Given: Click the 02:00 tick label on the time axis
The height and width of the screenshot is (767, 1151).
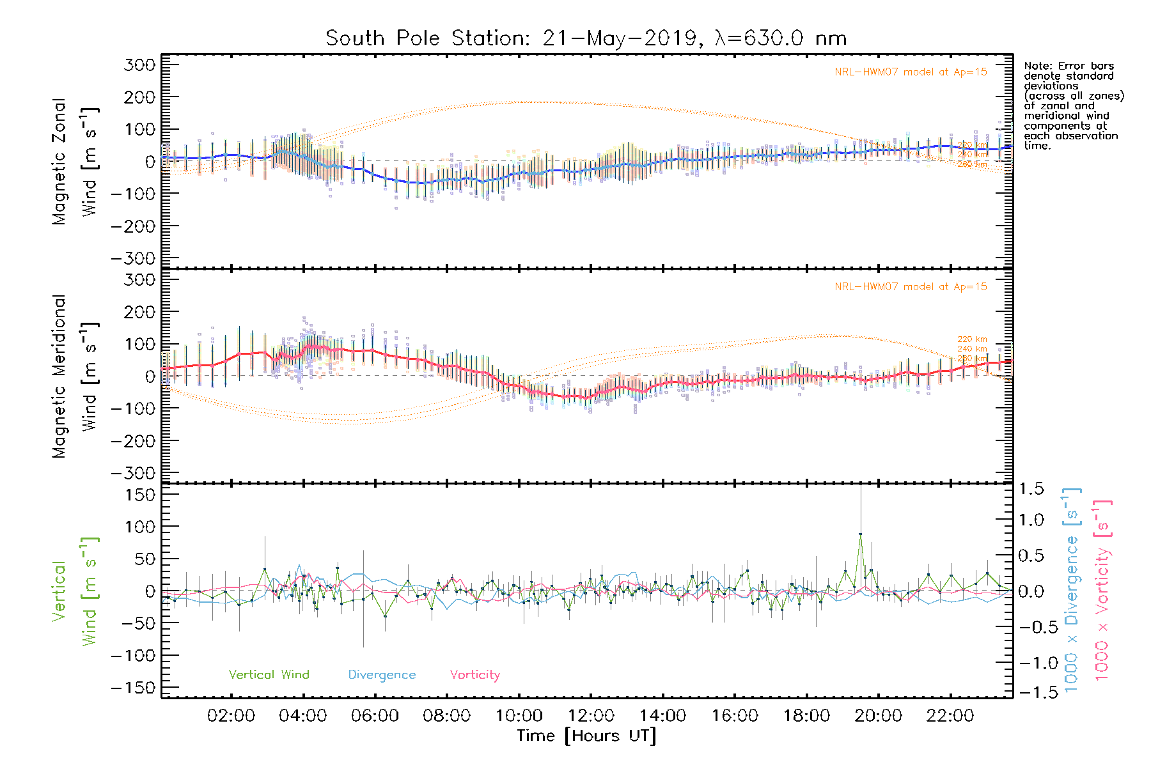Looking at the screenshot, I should pos(231,716).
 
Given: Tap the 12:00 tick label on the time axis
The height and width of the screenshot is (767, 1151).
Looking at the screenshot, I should pos(591,716).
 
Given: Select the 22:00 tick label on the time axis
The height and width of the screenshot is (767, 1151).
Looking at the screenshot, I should pos(950,716).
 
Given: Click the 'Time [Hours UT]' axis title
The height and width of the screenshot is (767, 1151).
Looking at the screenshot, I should pos(586,736).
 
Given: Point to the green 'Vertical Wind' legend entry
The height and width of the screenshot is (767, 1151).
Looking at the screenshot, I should pos(269,675).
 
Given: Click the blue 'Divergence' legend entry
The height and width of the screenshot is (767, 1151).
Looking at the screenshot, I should pos(382,675).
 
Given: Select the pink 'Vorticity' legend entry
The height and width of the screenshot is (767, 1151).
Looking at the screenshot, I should pos(474,675).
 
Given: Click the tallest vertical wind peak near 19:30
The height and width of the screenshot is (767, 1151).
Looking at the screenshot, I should pos(860,534).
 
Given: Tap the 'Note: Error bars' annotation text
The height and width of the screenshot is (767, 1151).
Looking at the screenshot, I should pos(1069,66).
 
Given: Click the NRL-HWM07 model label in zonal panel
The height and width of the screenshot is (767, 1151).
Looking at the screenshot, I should pos(911,72).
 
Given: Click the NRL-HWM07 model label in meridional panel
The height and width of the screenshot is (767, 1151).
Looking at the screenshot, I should pos(911,287).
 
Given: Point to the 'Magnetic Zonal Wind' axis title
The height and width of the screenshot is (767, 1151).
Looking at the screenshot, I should pos(75,161).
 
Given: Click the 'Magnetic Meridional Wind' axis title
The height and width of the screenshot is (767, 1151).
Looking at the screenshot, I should pos(75,376).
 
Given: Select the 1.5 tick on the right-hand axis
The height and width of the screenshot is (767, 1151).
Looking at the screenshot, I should pos(1031,489).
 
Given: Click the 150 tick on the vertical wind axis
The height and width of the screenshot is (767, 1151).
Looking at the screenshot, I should pos(141,495).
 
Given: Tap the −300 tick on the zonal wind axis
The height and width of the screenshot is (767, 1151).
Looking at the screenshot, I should pos(133,259).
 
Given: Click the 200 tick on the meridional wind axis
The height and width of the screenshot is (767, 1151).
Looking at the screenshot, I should pos(141,312).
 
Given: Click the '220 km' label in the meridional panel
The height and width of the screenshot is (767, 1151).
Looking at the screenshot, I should pos(972,339).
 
